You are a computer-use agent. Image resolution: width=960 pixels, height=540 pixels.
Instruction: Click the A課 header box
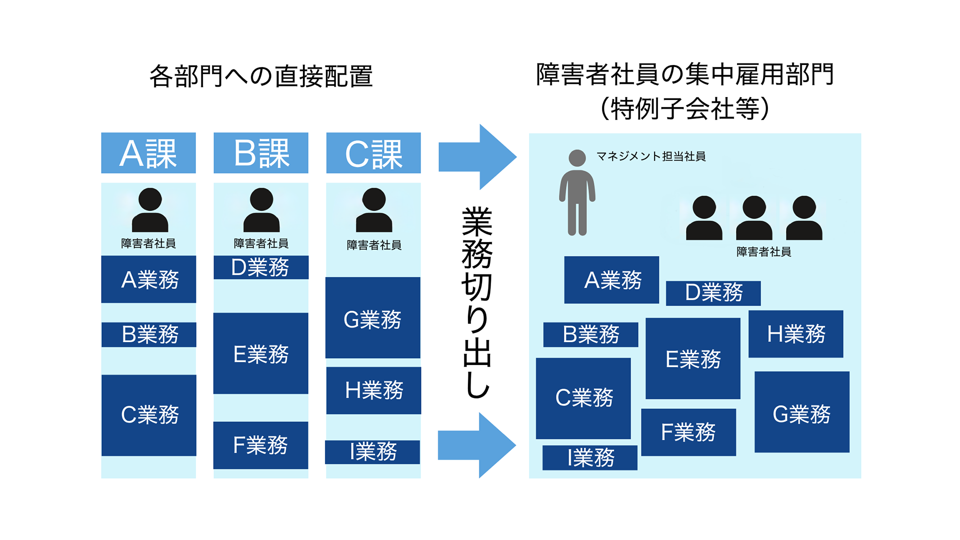coord(148,153)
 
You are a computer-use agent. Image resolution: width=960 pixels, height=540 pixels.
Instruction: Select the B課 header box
coord(261,153)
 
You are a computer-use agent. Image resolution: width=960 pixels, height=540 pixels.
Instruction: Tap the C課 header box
coord(373,153)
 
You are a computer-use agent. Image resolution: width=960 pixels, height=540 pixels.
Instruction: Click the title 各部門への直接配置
coord(261,76)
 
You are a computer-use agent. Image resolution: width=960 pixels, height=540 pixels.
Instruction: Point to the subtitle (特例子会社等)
coord(684,108)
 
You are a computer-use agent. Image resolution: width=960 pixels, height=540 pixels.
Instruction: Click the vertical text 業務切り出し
coord(477,302)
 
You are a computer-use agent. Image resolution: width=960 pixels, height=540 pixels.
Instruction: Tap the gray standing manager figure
coord(577,193)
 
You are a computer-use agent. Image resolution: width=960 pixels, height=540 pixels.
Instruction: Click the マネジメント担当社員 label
coord(651,156)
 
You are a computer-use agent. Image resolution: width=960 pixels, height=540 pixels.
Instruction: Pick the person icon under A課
coord(149,210)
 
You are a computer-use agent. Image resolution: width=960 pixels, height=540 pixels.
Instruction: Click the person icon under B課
coord(261,210)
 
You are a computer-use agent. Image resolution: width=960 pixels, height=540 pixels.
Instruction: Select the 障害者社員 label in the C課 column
coord(374,245)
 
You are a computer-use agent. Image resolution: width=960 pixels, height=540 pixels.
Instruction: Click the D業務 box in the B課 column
coord(261,267)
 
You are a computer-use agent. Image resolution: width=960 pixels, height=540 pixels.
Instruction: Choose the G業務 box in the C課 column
coord(373,318)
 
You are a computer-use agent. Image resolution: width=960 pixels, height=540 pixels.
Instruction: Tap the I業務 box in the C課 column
coord(373,452)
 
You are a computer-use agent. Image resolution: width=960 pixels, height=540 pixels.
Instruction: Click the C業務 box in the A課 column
coord(149,415)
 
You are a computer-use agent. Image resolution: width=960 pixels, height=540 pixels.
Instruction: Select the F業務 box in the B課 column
coord(261,445)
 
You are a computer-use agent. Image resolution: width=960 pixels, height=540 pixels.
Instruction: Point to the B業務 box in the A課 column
coord(149,334)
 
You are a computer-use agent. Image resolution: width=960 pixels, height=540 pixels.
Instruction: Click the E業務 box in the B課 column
coord(261,353)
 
